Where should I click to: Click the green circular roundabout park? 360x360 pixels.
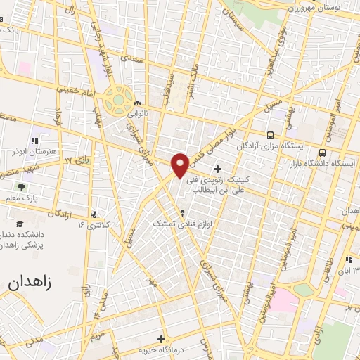pyautogui.click(x=120, y=101)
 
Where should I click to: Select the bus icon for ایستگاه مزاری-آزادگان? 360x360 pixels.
pyautogui.click(x=270, y=135)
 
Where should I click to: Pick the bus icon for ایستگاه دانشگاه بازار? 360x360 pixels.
pyautogui.click(x=322, y=153)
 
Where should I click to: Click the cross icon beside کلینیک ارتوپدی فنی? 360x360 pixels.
pyautogui.click(x=217, y=169)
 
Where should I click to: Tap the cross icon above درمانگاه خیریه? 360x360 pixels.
pyautogui.click(x=161, y=339)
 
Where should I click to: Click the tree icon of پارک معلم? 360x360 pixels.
pyautogui.click(x=21, y=187)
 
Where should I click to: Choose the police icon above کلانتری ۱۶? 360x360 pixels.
pyautogui.click(x=94, y=214)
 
